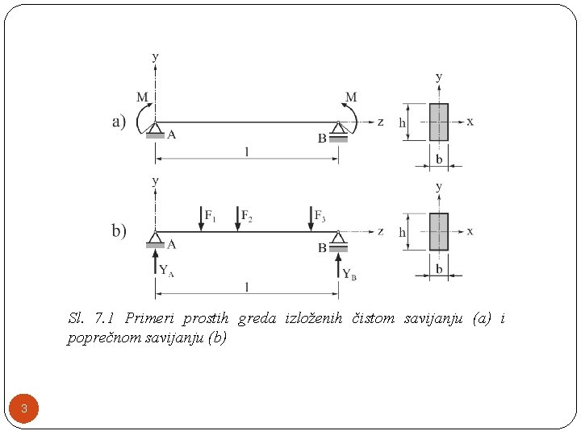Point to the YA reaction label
click(166, 270)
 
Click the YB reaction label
click(349, 274)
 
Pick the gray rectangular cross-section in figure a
click(438, 122)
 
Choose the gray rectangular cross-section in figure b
click(438, 231)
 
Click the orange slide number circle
click(24, 409)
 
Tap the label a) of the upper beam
click(119, 122)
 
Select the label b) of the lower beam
click(119, 231)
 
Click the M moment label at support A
click(142, 97)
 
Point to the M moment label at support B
click(351, 97)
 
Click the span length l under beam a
click(247, 151)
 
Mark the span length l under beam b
click(247, 286)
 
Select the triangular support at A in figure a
click(155, 128)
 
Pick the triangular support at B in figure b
click(338, 238)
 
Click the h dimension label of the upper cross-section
click(403, 123)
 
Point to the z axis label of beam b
click(380, 231)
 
